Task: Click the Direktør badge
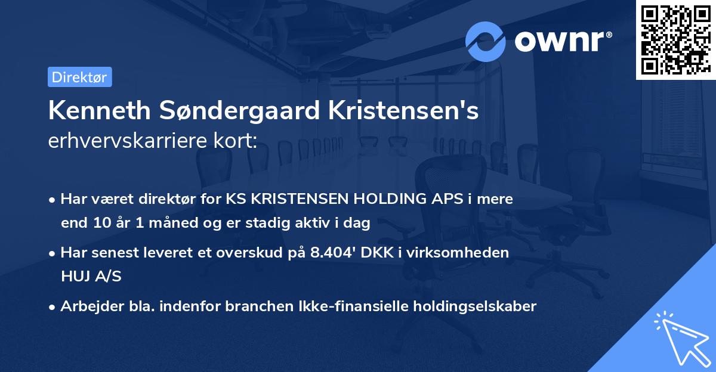click(79, 77)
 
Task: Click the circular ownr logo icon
click(486, 41)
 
